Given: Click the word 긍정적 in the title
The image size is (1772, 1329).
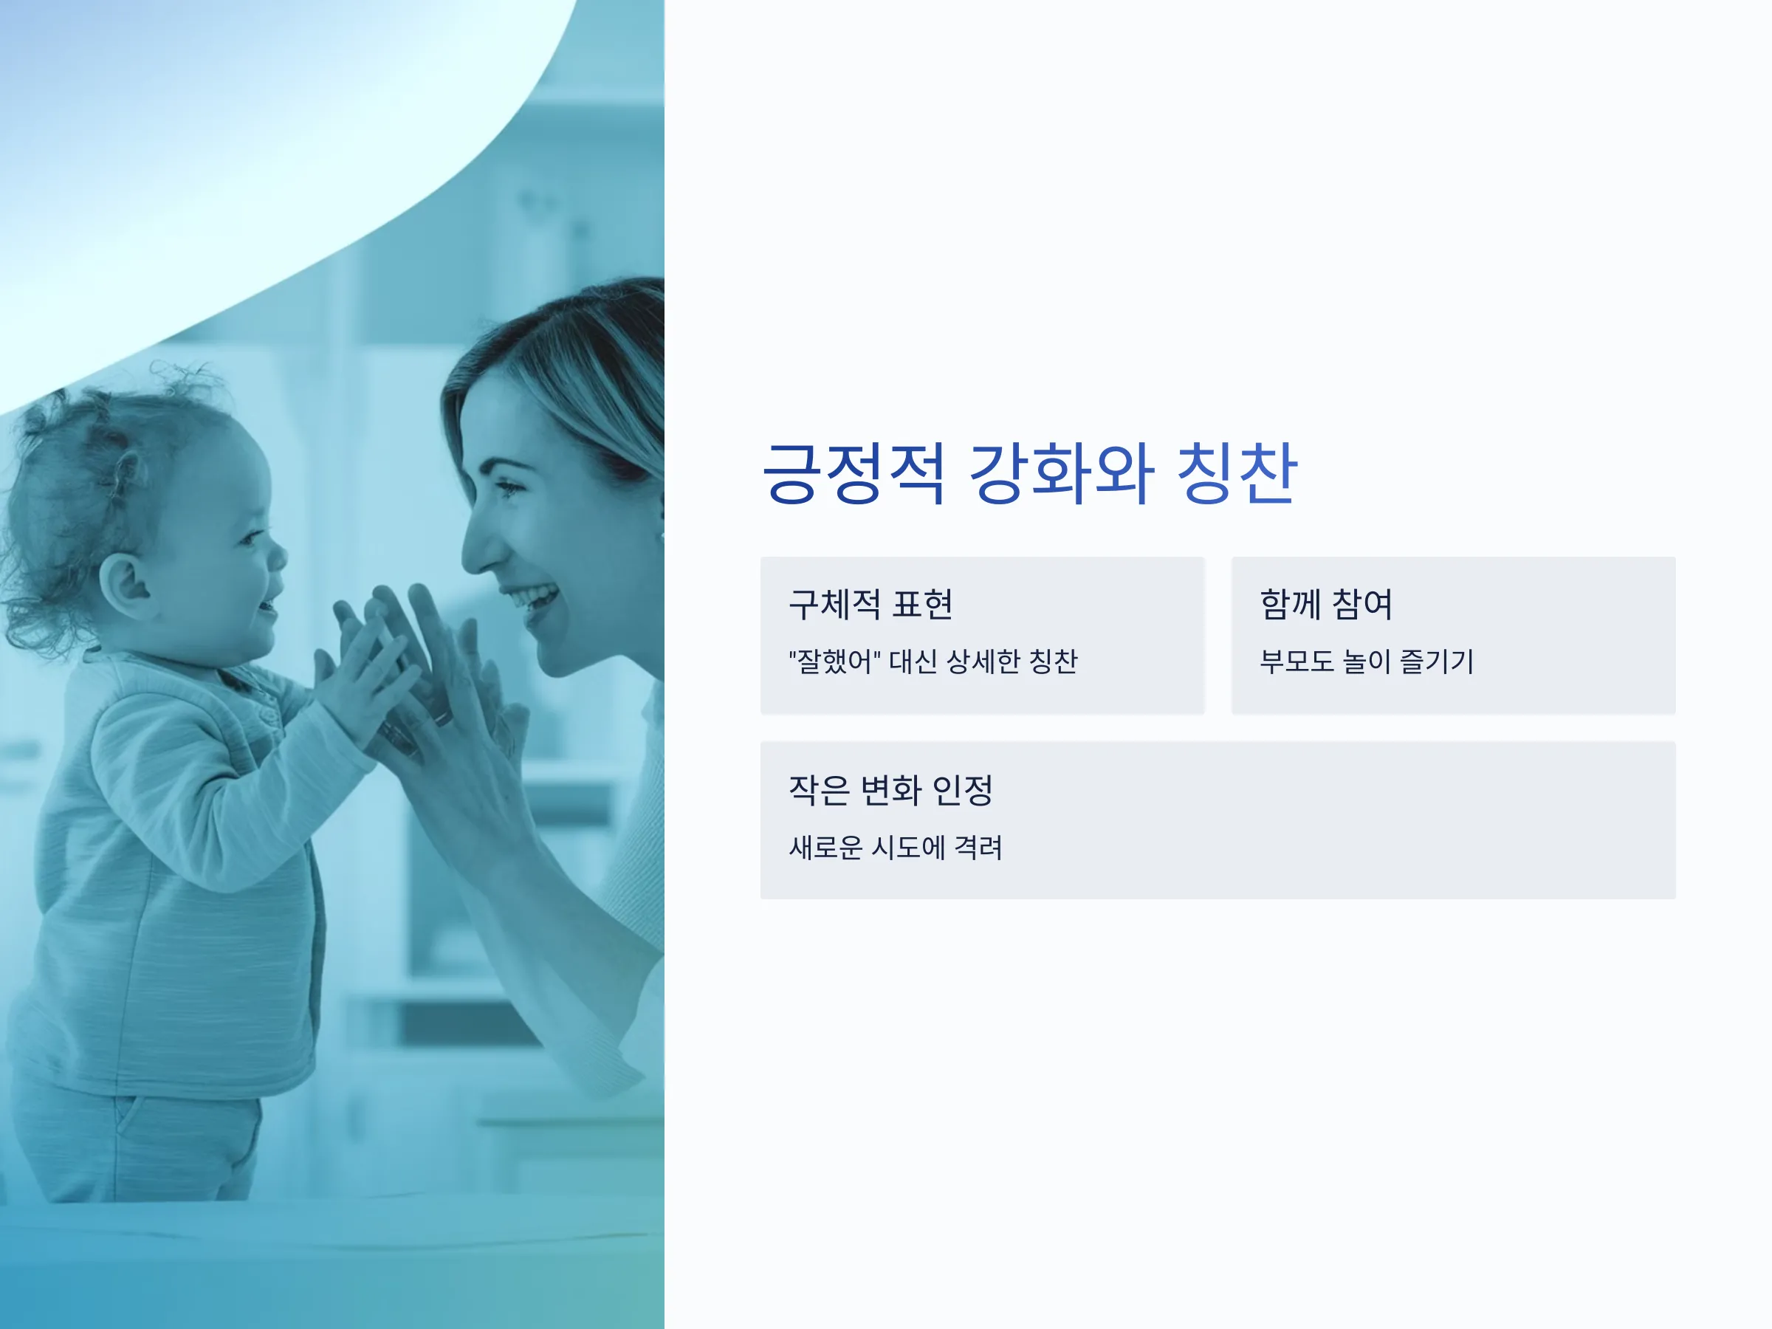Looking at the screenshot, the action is pyautogui.click(x=854, y=473).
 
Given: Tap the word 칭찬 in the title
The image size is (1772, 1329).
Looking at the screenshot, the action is pyautogui.click(x=1237, y=473).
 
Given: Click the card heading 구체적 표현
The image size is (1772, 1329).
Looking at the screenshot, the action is pyautogui.click(x=870, y=604).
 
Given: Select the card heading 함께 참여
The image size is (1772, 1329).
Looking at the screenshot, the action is pyautogui.click(x=1326, y=604).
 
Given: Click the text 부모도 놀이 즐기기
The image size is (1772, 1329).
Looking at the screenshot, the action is pyautogui.click(x=1367, y=662).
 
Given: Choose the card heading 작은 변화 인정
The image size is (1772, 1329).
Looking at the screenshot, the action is pyautogui.click(x=891, y=790).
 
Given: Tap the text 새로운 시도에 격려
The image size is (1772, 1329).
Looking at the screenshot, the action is pyautogui.click(x=896, y=848).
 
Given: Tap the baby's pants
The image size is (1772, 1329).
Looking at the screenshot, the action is pyautogui.click(x=136, y=1138).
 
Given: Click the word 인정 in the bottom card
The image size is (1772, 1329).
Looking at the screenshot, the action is pyautogui.click(x=963, y=790).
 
